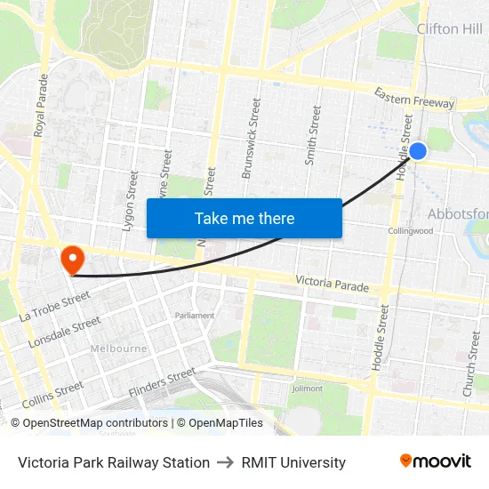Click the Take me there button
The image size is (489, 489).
pos(244,219)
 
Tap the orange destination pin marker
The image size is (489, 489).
pos(71,259)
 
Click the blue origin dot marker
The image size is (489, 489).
pos(417,151)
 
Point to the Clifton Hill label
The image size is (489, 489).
pos(450,29)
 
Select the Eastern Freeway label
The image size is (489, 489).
pos(413,98)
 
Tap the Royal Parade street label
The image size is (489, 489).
pos(41,106)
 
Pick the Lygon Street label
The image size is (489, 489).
pos(129,201)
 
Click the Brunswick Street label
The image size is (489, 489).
pos(252,139)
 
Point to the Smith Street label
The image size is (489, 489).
pos(312,135)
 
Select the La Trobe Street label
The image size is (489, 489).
pos(54,306)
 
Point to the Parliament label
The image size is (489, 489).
pos(195,316)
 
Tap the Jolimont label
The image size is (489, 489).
pos(308,389)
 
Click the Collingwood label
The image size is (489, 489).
pos(410,231)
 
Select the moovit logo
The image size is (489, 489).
pos(436,461)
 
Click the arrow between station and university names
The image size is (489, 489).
pos(226,462)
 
